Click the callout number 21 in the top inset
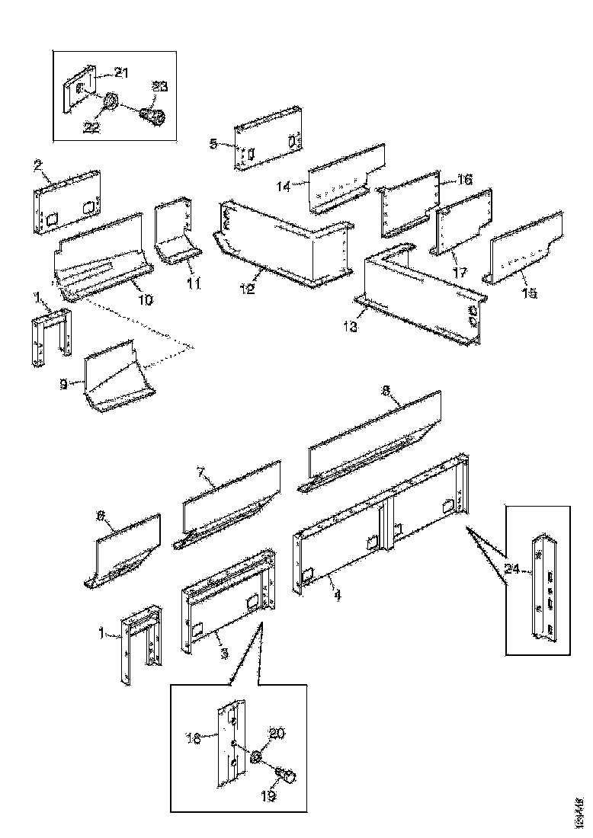click(121, 72)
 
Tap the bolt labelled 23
click(152, 117)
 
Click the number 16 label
click(464, 180)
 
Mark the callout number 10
click(145, 300)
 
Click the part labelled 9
click(114, 379)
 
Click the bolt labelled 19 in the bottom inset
click(287, 777)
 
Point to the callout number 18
click(192, 737)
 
